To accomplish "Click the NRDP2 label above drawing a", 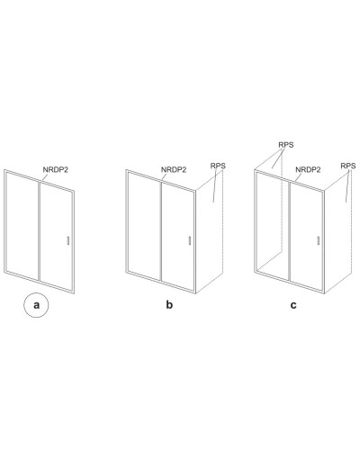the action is point(56,170).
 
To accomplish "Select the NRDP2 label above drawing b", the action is point(174,170).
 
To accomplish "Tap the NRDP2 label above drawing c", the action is point(308,170).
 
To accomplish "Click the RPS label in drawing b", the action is point(218,166).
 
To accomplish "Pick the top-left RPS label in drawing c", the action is point(286,145).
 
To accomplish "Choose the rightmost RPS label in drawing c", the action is point(348,166).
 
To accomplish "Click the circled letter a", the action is point(36,305).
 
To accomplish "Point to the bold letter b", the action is point(169,305).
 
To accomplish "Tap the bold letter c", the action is point(293,305).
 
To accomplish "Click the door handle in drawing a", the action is point(68,241).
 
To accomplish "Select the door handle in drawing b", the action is point(190,241).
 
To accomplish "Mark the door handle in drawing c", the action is point(318,241).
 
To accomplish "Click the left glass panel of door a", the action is point(22,227).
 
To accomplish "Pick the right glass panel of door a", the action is point(56,236).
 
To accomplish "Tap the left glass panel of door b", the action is point(144,227).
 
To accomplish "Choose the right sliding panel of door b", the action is point(177,236).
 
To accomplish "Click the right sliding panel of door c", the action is point(306,236).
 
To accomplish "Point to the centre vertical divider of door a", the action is point(40,230).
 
